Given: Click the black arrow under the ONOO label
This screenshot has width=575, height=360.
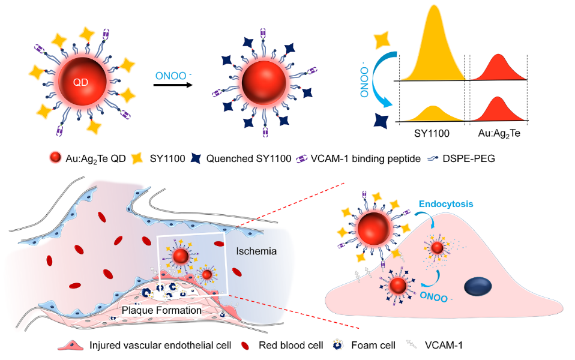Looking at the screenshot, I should (x=173, y=85).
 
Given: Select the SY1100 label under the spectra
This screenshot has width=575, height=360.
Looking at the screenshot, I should (x=433, y=133).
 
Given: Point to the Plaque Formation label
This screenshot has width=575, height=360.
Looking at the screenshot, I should (x=161, y=310).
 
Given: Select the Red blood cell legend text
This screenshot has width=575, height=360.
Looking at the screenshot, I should (x=290, y=345).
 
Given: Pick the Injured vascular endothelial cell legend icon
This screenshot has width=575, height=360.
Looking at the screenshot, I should (x=71, y=345).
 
